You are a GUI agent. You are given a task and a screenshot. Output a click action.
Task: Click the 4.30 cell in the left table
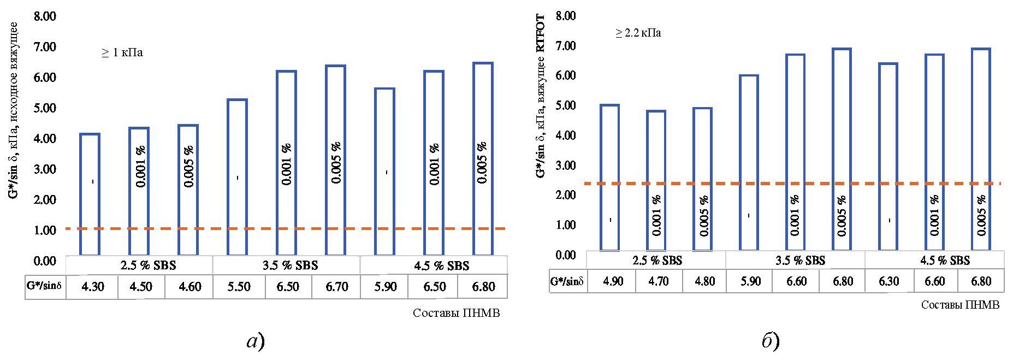pyautogui.click(x=92, y=286)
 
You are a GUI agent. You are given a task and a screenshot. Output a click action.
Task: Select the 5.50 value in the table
pyautogui.click(x=239, y=286)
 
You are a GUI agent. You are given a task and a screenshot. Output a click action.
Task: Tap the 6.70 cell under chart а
pyautogui.click(x=336, y=286)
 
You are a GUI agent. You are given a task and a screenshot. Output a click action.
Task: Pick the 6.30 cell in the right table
pyautogui.click(x=889, y=281)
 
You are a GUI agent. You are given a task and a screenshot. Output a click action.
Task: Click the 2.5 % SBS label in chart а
pyautogui.click(x=140, y=265)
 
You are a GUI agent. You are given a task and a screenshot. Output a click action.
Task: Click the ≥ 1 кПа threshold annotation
pyautogui.click(x=122, y=53)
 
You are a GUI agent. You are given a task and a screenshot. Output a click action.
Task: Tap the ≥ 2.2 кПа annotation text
pyautogui.click(x=638, y=33)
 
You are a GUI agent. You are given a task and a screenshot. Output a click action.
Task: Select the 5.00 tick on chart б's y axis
pyautogui.click(x=565, y=105)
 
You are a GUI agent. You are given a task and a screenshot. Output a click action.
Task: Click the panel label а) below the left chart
pyautogui.click(x=256, y=342)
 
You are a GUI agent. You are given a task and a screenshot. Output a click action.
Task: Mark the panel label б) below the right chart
pyautogui.click(x=771, y=342)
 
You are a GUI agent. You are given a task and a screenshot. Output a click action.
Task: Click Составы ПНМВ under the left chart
pyautogui.click(x=456, y=313)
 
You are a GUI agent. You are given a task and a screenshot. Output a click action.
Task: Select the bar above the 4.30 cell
pyautogui.click(x=90, y=194)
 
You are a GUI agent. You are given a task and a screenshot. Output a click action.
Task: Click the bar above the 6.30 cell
pyautogui.click(x=889, y=156)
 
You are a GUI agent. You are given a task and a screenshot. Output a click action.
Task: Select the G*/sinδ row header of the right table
pyautogui.click(x=568, y=281)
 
